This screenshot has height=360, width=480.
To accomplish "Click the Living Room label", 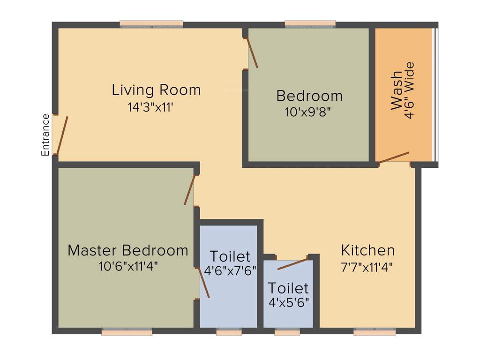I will pyautogui.click(x=156, y=90).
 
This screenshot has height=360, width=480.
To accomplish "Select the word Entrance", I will pyautogui.click(x=45, y=135).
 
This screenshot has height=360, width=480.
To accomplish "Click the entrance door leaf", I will pyautogui.click(x=62, y=135).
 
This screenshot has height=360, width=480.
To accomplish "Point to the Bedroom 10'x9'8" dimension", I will pyautogui.click(x=309, y=112).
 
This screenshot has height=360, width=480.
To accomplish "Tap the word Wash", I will pyautogui.click(x=397, y=90).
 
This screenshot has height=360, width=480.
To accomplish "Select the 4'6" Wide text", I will pyautogui.click(x=409, y=90).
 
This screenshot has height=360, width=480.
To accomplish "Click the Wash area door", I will pyautogui.click(x=394, y=157).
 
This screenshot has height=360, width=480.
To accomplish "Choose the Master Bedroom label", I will pyautogui.click(x=128, y=250).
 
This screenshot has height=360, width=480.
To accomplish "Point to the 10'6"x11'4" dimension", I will pyautogui.click(x=128, y=266).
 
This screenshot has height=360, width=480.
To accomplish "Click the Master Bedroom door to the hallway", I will pyautogui.click(x=189, y=190).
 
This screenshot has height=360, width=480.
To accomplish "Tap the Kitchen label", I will pyautogui.click(x=368, y=250).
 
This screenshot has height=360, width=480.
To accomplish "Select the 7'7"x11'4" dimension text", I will pyautogui.click(x=367, y=267).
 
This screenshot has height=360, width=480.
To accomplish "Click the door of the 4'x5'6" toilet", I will pyautogui.click(x=292, y=264).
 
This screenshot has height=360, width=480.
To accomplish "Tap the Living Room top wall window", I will pyautogui.click(x=151, y=23).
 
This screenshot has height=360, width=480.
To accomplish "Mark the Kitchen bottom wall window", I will pyautogui.click(x=374, y=332).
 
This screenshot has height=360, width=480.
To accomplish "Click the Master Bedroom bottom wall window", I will pyautogui.click(x=127, y=332).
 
